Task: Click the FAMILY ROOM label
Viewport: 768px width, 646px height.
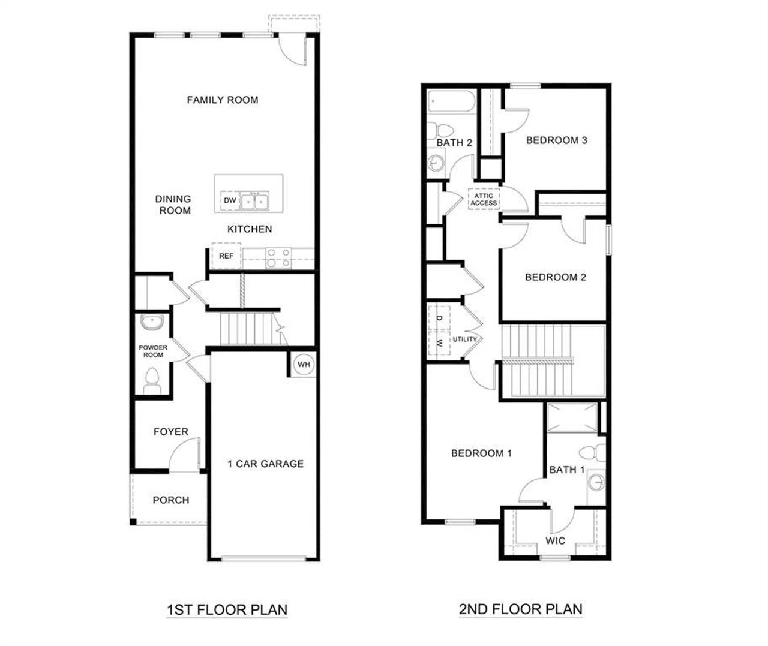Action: pyautogui.click(x=223, y=100)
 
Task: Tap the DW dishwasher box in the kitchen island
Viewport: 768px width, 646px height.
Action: pyautogui.click(x=230, y=201)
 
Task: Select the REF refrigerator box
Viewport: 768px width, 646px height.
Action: pyautogui.click(x=226, y=256)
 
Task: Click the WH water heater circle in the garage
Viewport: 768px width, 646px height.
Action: pyautogui.click(x=304, y=365)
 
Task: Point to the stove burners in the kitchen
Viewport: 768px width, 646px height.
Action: pyautogui.click(x=278, y=257)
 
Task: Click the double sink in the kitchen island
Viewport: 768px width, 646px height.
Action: pyautogui.click(x=255, y=202)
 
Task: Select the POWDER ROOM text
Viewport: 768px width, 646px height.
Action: pyautogui.click(x=153, y=351)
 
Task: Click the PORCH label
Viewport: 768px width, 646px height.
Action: pyautogui.click(x=170, y=500)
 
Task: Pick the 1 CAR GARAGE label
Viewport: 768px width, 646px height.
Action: pyautogui.click(x=265, y=464)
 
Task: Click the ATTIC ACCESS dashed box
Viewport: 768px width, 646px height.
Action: pyautogui.click(x=484, y=200)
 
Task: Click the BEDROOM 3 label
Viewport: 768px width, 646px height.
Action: pyautogui.click(x=556, y=140)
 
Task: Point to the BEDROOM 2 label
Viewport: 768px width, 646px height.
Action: pyautogui.click(x=555, y=277)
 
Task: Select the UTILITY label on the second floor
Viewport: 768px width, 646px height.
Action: pyautogui.click(x=465, y=339)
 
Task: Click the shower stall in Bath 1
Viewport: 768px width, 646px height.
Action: pyautogui.click(x=572, y=417)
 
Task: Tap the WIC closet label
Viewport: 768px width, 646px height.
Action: pyautogui.click(x=555, y=541)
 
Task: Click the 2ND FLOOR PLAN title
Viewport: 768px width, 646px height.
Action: pyautogui.click(x=520, y=609)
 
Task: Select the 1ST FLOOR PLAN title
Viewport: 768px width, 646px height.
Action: pyautogui.click(x=227, y=610)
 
